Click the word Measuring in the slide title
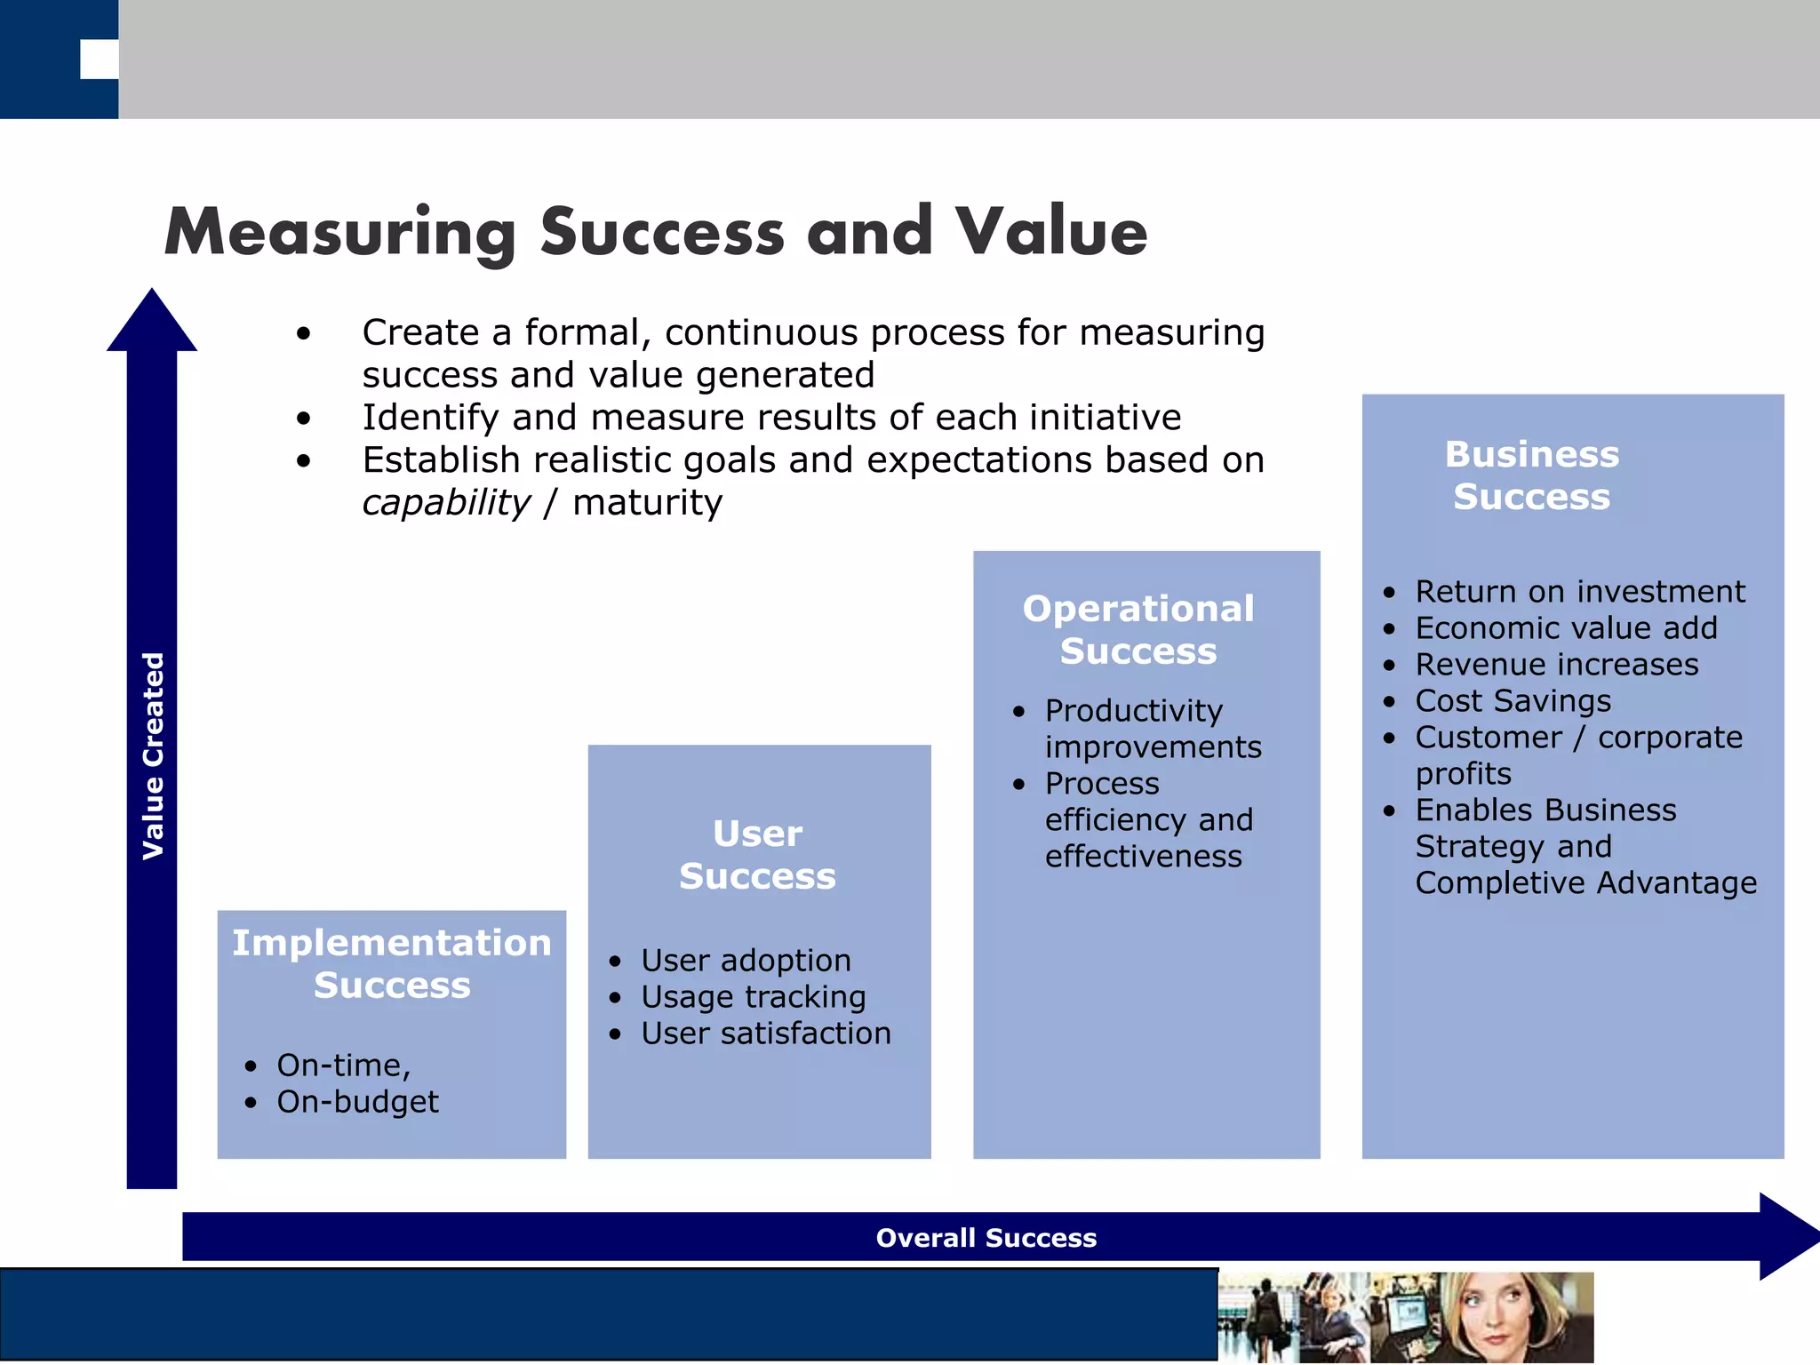(x=339, y=233)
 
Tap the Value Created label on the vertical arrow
(x=153, y=755)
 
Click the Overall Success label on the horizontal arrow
(x=986, y=1238)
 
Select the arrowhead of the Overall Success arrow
(x=1786, y=1236)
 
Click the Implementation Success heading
(x=392, y=963)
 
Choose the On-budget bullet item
(x=357, y=1102)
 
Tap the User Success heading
(x=758, y=855)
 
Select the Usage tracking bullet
(x=753, y=997)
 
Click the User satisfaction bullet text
(x=765, y=1034)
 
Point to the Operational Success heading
(x=1138, y=629)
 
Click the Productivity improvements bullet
(x=1152, y=729)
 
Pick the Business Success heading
(x=1532, y=475)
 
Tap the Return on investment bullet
(x=1579, y=592)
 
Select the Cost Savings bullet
(x=1513, y=701)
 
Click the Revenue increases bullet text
(x=1556, y=665)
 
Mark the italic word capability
(x=446, y=503)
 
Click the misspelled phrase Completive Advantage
(x=1585, y=883)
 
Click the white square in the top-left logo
(x=99, y=60)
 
